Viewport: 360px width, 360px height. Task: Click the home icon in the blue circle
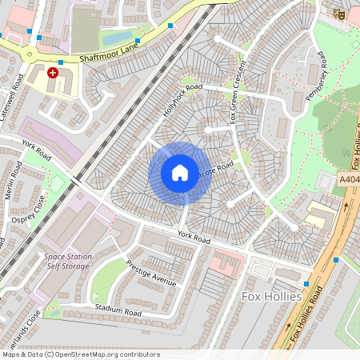coord(180,173)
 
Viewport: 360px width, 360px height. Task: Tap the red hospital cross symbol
coord(53,73)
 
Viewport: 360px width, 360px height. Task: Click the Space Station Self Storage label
coord(67,262)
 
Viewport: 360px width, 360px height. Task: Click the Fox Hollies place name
coord(271,297)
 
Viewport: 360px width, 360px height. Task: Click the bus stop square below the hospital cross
coord(61,62)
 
